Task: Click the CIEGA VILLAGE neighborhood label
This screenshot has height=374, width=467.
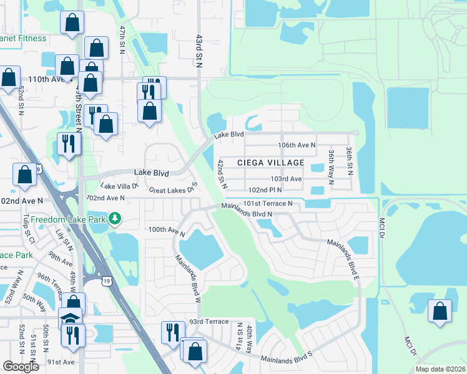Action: pos(270,163)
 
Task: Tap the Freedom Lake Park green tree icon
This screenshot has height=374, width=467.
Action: pos(114,219)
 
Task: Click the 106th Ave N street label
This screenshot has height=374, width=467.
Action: pos(297,145)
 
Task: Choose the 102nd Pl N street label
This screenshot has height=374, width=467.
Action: pos(267,189)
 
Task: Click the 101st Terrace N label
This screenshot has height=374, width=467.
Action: pos(268,204)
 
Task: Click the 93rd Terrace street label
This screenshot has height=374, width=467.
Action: pos(206,322)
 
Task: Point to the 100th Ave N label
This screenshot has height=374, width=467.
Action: pos(167,231)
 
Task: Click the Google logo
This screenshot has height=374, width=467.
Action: pos(21,367)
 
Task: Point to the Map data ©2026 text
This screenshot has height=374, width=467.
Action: pos(440,369)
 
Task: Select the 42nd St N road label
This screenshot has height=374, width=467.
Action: pos(221,174)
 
